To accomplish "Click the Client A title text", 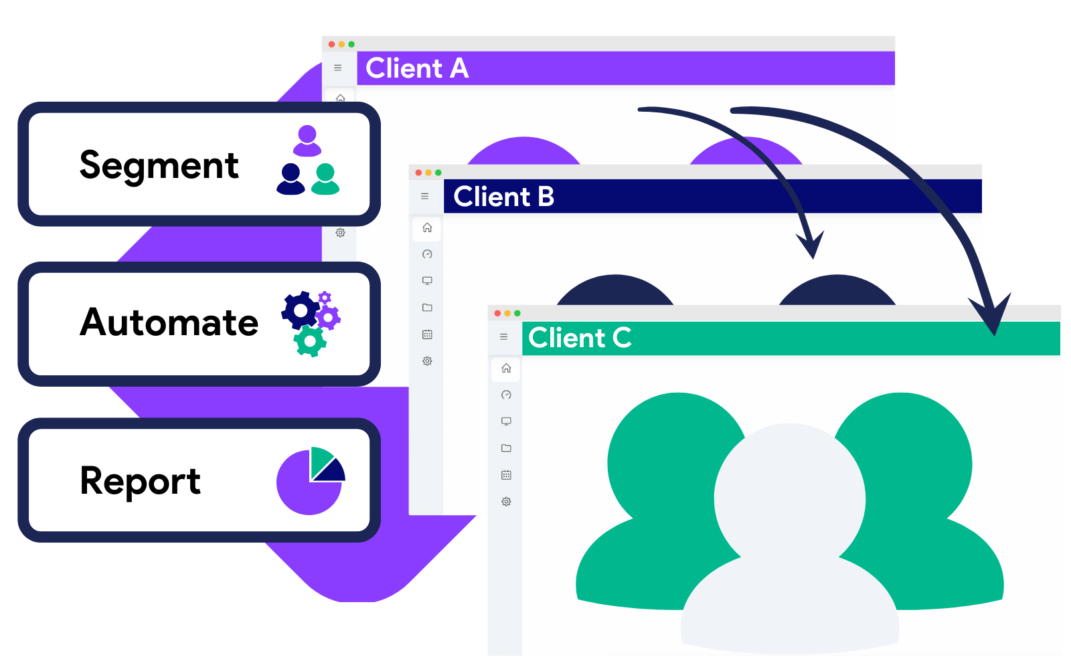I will [416, 68].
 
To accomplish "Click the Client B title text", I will [503, 197].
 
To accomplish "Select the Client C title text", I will [580, 338].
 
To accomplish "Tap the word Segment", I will [159, 165].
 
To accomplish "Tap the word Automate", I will [169, 322].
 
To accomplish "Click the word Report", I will [140, 480].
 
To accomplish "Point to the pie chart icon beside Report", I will [310, 481].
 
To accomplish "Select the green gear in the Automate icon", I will [309, 341].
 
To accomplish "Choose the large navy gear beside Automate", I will [301, 310].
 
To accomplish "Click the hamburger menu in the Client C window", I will [504, 337].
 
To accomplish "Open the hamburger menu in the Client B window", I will [425, 197].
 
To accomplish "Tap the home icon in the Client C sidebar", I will [506, 368].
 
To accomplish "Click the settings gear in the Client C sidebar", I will [506, 502].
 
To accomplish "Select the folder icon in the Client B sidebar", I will [427, 308].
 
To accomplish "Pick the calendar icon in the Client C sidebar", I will [506, 475].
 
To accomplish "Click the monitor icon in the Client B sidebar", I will [427, 281].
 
